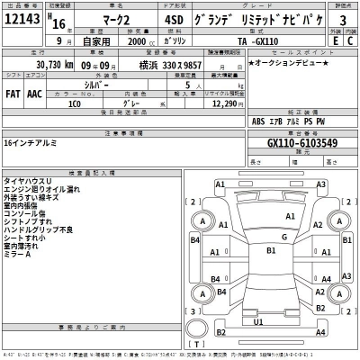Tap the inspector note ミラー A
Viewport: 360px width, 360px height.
pyautogui.click(x=17, y=254)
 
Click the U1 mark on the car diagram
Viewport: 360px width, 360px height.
pyautogui.click(x=258, y=320)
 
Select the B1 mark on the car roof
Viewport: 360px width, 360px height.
pyautogui.click(x=270, y=252)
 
